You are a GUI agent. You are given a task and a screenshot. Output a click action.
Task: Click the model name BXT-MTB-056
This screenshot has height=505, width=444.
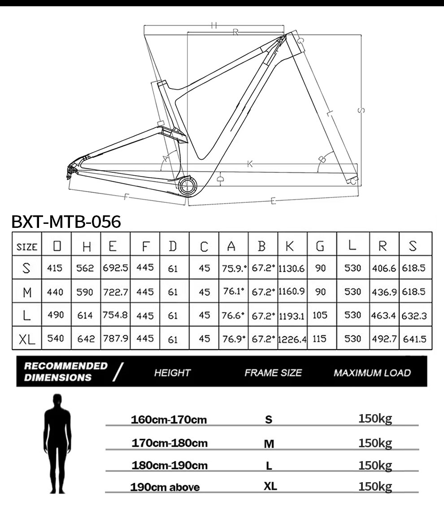point(66,222)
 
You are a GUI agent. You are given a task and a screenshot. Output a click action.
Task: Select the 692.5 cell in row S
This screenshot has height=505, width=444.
point(115,268)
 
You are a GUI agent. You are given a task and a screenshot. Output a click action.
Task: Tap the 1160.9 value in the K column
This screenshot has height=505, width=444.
point(292,291)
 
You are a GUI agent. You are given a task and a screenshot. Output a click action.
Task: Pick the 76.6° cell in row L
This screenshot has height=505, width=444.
point(233,315)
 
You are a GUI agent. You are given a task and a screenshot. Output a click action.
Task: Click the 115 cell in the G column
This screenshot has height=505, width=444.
point(320,338)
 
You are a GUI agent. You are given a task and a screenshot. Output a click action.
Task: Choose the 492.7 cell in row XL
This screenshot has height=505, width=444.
point(384,338)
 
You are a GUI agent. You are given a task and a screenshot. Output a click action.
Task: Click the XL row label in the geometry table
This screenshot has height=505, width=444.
point(27,339)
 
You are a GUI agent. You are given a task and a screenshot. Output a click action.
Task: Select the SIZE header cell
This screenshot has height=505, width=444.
point(27,246)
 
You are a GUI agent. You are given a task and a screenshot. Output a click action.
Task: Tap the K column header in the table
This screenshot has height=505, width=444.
point(291,245)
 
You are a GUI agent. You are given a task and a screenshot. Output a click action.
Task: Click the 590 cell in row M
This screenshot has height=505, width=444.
point(85,292)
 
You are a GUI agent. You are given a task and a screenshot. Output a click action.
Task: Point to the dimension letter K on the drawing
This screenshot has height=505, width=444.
point(250,164)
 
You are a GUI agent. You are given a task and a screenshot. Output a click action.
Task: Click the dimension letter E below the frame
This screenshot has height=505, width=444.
point(274,201)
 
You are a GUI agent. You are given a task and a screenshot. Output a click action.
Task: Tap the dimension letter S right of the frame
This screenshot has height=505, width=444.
point(362,110)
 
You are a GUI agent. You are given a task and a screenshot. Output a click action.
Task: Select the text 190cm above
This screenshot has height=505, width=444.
point(165,487)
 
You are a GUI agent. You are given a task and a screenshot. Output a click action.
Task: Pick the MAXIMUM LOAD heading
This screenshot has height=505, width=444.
point(372,372)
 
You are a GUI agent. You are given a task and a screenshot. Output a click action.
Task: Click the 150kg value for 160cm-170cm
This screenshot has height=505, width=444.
point(375,419)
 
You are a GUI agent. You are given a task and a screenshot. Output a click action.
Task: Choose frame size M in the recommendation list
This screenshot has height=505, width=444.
point(269,444)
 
